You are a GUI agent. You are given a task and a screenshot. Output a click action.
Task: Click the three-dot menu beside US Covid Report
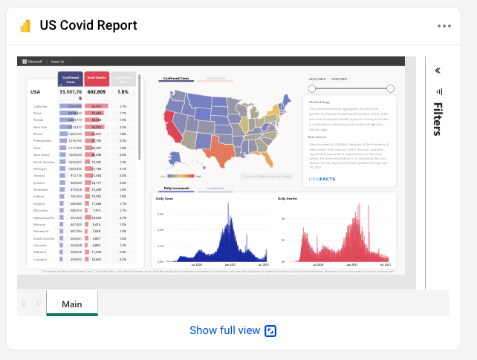click(444, 26)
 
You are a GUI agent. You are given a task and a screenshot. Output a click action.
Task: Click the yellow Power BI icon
click(25, 26)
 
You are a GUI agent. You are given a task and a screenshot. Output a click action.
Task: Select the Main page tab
click(72, 304)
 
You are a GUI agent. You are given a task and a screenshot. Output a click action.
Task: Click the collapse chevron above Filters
click(438, 71)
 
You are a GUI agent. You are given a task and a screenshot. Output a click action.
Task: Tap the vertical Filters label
click(438, 119)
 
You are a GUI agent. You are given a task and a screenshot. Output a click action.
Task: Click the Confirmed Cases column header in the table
click(71, 78)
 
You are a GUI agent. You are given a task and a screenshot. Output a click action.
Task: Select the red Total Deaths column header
click(97, 78)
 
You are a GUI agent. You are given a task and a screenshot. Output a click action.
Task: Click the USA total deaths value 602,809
click(97, 92)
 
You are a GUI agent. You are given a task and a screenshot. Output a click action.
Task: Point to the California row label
click(40, 106)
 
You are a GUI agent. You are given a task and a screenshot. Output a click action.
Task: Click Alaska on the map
click(177, 160)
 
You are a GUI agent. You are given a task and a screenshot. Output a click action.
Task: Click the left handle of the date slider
click(312, 88)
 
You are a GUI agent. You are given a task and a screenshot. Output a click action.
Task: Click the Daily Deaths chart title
click(288, 199)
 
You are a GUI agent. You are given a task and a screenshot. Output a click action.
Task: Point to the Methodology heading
click(319, 102)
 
